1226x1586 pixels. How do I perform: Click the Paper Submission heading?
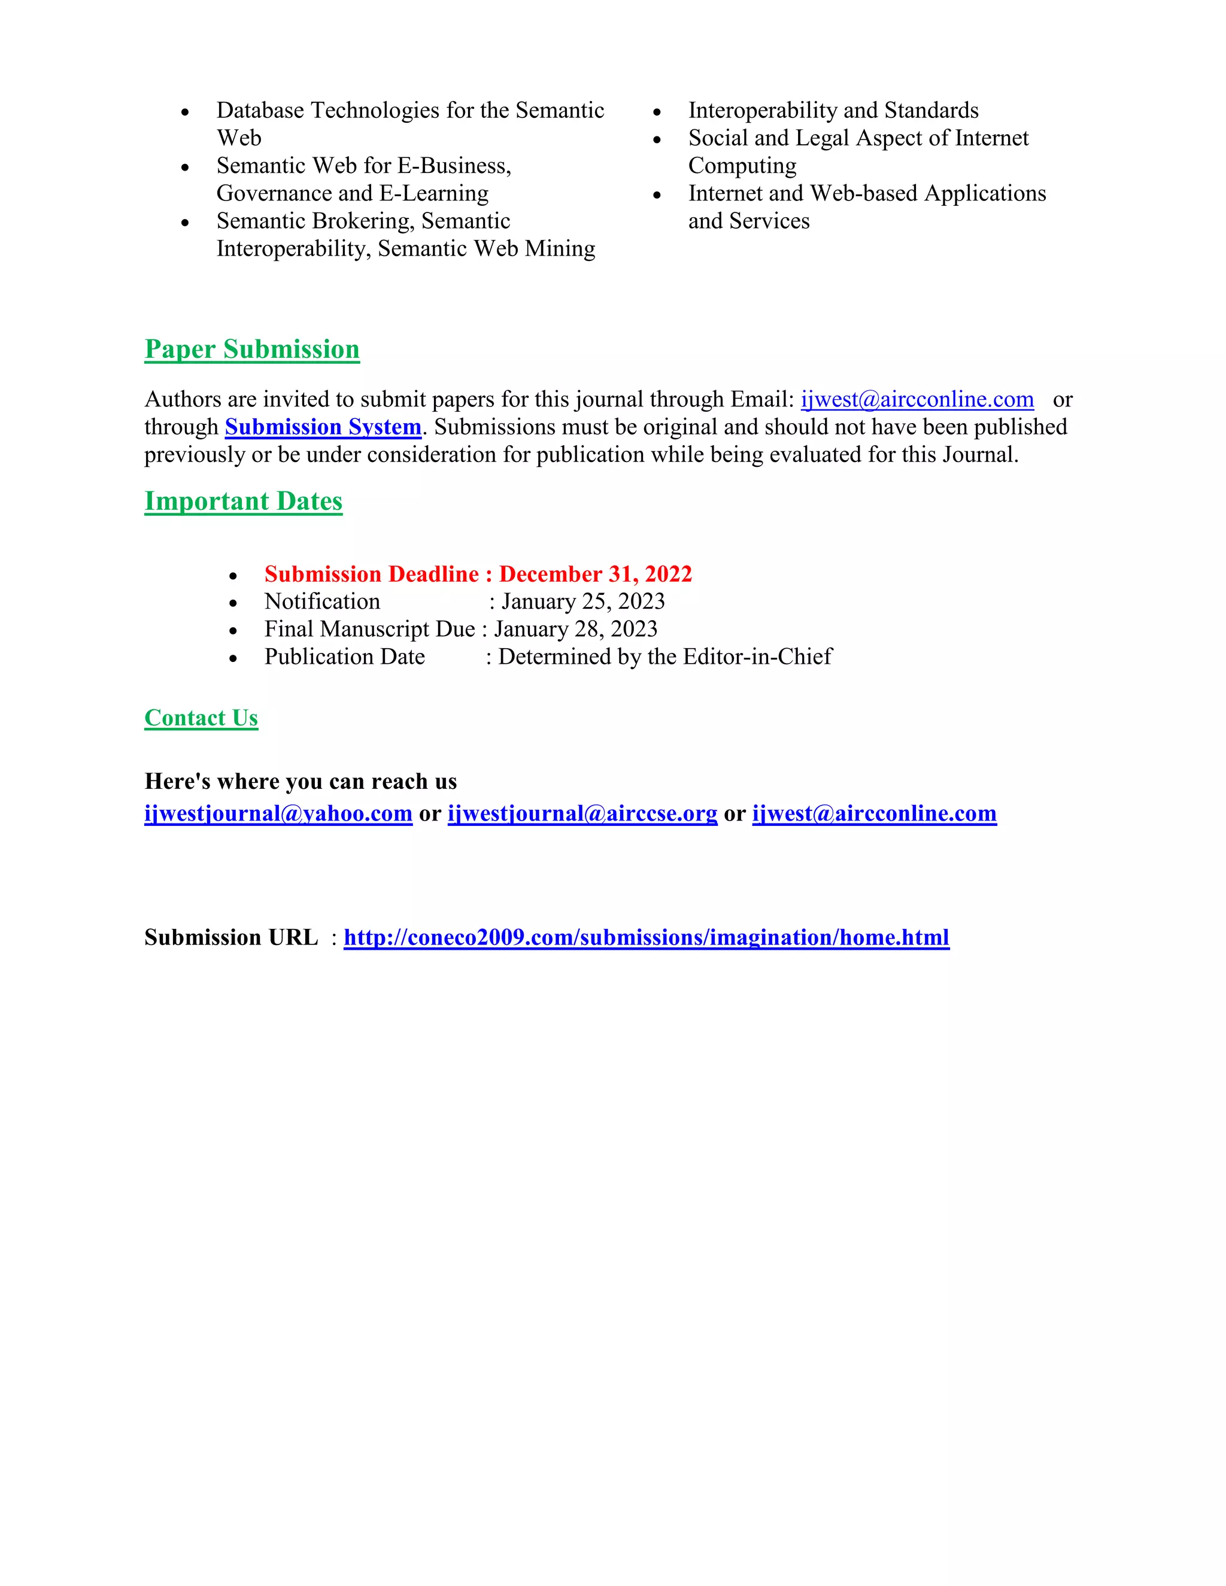pyautogui.click(x=252, y=350)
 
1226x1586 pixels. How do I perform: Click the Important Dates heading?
pyautogui.click(x=243, y=501)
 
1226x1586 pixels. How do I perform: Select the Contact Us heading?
pyautogui.click(x=201, y=718)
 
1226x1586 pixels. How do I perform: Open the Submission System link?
pyautogui.click(x=323, y=427)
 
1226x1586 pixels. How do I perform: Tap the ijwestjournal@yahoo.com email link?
pyautogui.click(x=278, y=813)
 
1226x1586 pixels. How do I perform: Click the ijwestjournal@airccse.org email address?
pyautogui.click(x=582, y=813)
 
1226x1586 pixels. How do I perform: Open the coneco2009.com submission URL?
pyautogui.click(x=646, y=937)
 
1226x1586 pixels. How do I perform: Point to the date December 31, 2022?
pyautogui.click(x=596, y=574)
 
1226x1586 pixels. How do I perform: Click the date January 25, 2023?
pyautogui.click(x=583, y=601)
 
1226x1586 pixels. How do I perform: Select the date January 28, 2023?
pyautogui.click(x=576, y=629)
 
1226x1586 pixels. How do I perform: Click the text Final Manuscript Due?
pyautogui.click(x=370, y=629)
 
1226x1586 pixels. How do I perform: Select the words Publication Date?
pyautogui.click(x=344, y=657)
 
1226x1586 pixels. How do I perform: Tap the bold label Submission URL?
pyautogui.click(x=231, y=937)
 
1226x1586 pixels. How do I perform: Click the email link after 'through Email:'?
pyautogui.click(x=917, y=399)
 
